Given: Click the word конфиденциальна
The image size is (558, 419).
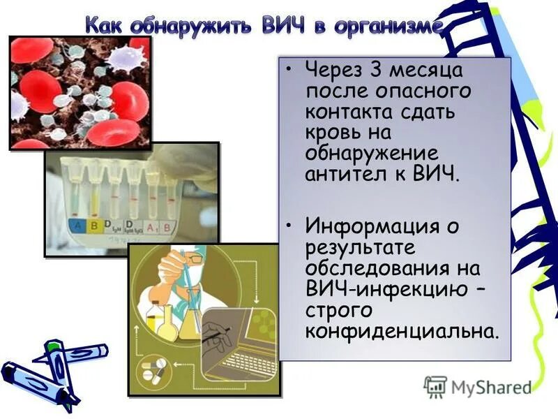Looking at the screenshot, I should [x=402, y=330].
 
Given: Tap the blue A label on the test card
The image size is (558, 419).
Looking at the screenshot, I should [x=76, y=226].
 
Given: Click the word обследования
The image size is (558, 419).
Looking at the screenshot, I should [x=383, y=269].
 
